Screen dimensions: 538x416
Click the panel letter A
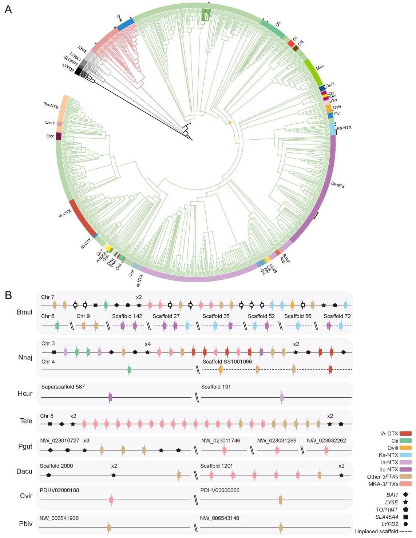(8, 10)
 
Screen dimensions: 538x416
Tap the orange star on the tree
(230, 123)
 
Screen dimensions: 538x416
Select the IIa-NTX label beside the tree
(338, 184)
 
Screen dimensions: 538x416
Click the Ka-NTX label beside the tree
(344, 128)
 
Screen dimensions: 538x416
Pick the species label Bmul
(25, 312)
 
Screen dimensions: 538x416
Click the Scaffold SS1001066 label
(227, 362)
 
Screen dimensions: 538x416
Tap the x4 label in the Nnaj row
(147, 344)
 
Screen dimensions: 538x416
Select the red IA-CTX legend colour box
(405, 433)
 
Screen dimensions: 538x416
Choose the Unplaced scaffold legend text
(376, 531)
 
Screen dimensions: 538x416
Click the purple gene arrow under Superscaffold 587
(110, 397)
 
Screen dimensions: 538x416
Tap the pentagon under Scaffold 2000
(48, 475)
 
